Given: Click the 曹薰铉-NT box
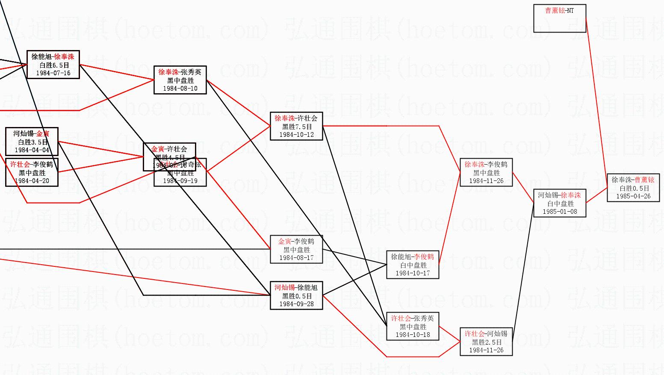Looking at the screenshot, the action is pos(560,18).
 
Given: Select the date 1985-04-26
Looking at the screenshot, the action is pos(633,196).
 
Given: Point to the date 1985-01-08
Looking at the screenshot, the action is pos(560,212).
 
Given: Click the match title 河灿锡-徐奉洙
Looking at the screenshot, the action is pos(560,195).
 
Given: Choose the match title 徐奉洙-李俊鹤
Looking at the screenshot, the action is pos(486,165).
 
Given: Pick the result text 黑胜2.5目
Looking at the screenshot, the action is pos(487,342).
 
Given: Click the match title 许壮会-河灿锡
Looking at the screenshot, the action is pos(486,334).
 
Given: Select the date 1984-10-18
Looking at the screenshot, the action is pos(413,335).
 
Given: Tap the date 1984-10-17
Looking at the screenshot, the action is pos(413,273).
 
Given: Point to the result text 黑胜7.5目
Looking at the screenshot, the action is pos(297,127).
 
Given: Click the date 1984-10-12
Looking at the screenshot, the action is pos(297,135).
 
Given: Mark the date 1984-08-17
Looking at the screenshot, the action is pos(297,258).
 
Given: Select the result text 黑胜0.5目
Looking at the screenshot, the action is pos(297,296).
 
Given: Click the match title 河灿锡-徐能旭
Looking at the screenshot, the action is pos(296,288).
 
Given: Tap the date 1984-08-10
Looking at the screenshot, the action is pos(180,89).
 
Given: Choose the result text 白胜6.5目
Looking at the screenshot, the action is pos(54,65).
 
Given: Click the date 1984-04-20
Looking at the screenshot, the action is pos(32,181).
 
